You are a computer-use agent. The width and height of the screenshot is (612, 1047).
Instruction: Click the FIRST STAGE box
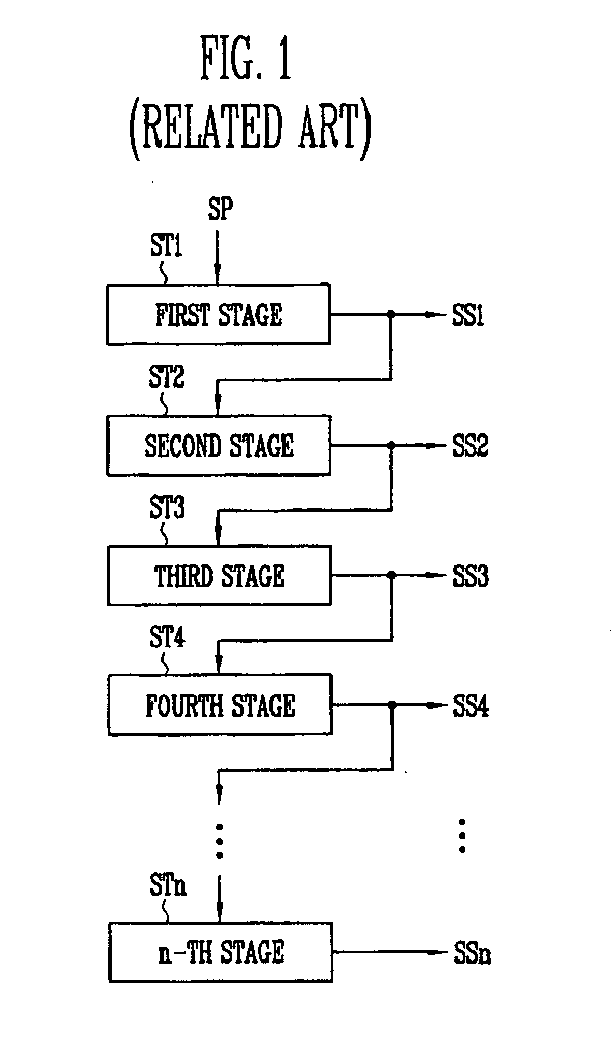218,314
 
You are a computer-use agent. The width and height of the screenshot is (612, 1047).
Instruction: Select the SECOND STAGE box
219,445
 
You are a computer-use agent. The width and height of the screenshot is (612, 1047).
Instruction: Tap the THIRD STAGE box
219,575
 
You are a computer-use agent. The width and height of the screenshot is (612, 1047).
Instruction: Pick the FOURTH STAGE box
220,705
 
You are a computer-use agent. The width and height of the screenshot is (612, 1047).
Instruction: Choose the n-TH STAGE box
221,952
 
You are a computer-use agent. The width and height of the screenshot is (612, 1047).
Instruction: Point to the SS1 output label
468,315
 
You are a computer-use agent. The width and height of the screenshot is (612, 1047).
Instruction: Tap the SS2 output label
470,446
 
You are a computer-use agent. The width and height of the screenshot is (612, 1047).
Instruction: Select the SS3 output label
471,576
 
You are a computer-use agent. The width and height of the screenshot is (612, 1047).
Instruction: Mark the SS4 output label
471,706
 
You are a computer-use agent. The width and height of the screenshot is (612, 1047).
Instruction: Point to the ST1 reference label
166,246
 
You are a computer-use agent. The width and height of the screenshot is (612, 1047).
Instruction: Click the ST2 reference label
166,377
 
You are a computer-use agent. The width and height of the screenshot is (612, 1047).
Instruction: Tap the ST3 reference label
167,507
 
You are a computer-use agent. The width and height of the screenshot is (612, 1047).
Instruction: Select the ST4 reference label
167,637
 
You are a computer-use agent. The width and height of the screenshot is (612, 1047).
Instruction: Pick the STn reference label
168,885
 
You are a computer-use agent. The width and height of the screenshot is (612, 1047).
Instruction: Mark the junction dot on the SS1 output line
391,314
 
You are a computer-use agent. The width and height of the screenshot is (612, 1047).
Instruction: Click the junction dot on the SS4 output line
392,705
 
